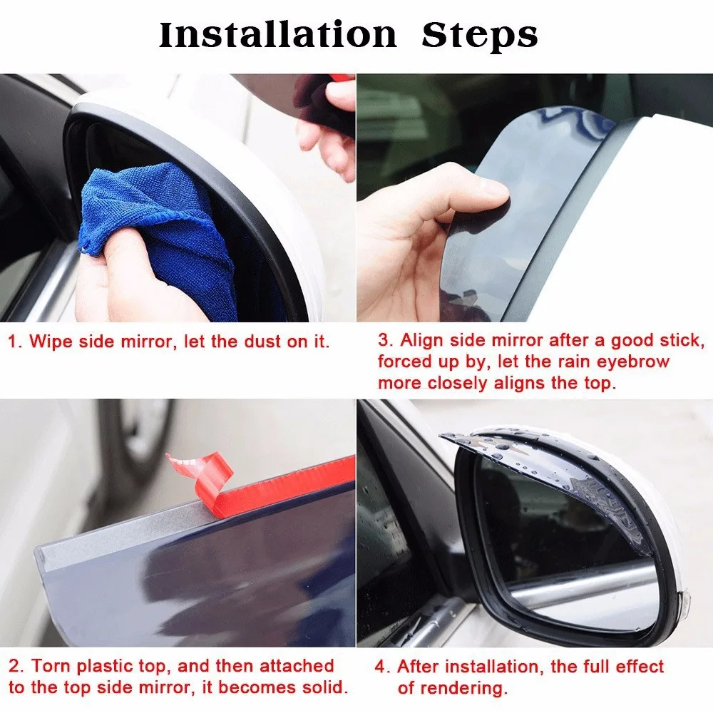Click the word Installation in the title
(278, 35)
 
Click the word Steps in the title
(480, 36)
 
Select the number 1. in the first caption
(15, 342)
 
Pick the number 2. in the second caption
(16, 666)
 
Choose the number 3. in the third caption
(386, 340)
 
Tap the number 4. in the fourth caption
(382, 667)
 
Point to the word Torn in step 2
(51, 666)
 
